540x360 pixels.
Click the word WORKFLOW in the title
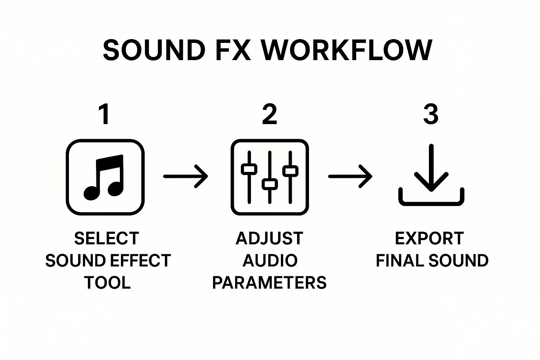(x=347, y=50)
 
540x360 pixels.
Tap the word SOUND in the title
(x=154, y=50)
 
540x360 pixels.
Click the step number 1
(x=104, y=115)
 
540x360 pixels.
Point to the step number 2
(x=270, y=115)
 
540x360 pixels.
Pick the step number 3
(x=431, y=115)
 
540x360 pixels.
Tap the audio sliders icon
(x=270, y=177)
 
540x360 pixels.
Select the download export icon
(x=431, y=176)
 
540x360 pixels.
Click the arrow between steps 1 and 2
(x=186, y=176)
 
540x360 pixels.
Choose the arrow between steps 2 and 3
(x=350, y=176)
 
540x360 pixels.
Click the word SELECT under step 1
(x=107, y=238)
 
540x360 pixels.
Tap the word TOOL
(x=107, y=283)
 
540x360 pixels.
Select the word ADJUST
(x=269, y=238)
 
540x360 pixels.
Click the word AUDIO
(x=270, y=261)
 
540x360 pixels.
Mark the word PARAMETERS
(x=269, y=283)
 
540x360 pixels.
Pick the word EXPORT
(x=429, y=238)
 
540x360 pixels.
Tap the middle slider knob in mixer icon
(x=270, y=184)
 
